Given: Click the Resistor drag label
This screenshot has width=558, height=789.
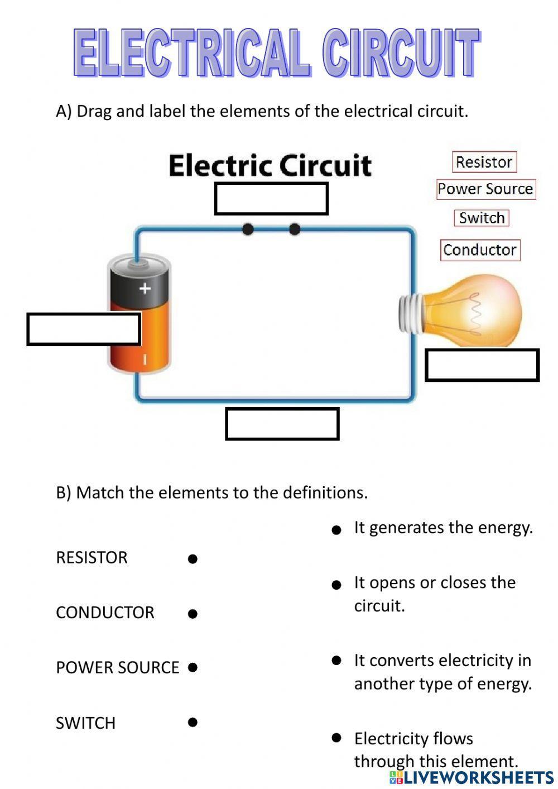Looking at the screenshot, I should [x=484, y=162].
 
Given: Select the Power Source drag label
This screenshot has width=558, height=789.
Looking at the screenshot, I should [x=485, y=189].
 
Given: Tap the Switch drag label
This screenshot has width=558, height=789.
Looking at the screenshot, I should [x=482, y=218].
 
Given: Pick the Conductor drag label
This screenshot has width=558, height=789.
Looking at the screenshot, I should [x=480, y=250].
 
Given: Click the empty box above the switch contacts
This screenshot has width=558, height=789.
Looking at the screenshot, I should [x=271, y=199].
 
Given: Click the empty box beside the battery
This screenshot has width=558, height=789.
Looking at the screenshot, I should [x=83, y=329].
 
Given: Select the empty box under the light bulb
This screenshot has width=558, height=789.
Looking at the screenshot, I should [x=482, y=365].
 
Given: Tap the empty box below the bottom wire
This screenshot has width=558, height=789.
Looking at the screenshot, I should [x=282, y=424].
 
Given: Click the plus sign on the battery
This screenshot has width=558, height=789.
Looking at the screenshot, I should [x=145, y=288].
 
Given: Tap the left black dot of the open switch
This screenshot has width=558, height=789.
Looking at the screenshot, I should [x=248, y=229].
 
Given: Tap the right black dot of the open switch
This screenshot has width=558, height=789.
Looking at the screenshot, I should [x=295, y=229].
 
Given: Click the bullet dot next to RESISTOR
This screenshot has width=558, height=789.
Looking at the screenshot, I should [x=193, y=558].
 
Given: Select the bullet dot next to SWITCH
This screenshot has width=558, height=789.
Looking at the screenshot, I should [x=193, y=722].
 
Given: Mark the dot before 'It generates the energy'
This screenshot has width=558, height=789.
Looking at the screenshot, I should [x=336, y=529].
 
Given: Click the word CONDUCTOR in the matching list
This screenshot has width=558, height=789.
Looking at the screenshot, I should [x=105, y=613].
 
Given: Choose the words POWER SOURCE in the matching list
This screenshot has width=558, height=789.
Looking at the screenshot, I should [x=117, y=667].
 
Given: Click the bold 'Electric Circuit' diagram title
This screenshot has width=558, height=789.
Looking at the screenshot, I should [x=270, y=165].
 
